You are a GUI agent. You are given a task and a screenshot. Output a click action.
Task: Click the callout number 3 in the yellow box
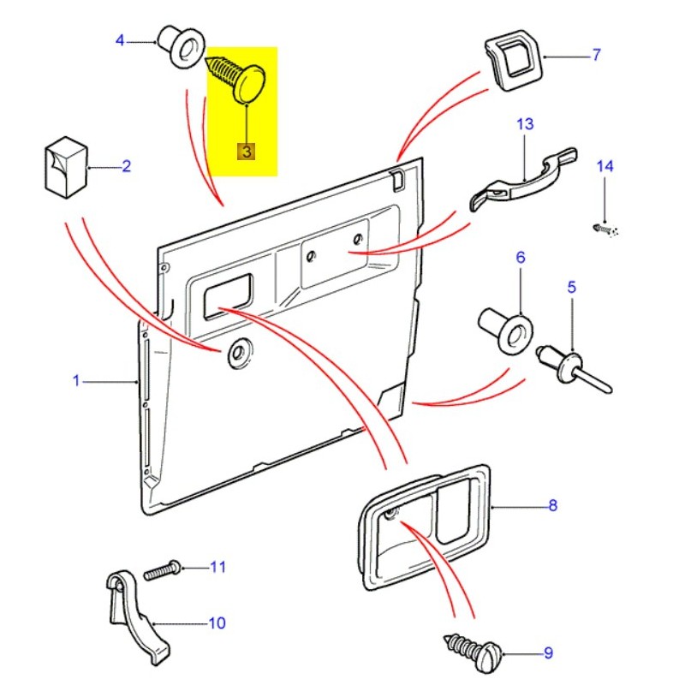246,152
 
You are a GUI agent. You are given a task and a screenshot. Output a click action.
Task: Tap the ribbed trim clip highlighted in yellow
240,80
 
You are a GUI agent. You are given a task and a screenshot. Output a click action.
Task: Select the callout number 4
120,40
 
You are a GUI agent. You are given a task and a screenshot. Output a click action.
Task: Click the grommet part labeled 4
181,47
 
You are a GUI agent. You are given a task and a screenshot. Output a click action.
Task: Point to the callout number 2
126,166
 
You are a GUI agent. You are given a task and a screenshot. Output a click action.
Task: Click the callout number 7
596,56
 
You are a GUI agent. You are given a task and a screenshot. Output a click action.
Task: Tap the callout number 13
524,124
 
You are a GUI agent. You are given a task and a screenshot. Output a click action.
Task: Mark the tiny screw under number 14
604,229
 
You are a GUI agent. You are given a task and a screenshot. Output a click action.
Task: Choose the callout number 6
520,257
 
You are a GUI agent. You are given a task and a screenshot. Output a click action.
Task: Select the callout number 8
552,505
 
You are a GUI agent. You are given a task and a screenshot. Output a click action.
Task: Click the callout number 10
217,622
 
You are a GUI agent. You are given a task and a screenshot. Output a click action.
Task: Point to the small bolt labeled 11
162,569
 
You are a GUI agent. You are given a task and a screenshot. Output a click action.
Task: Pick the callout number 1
75,380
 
